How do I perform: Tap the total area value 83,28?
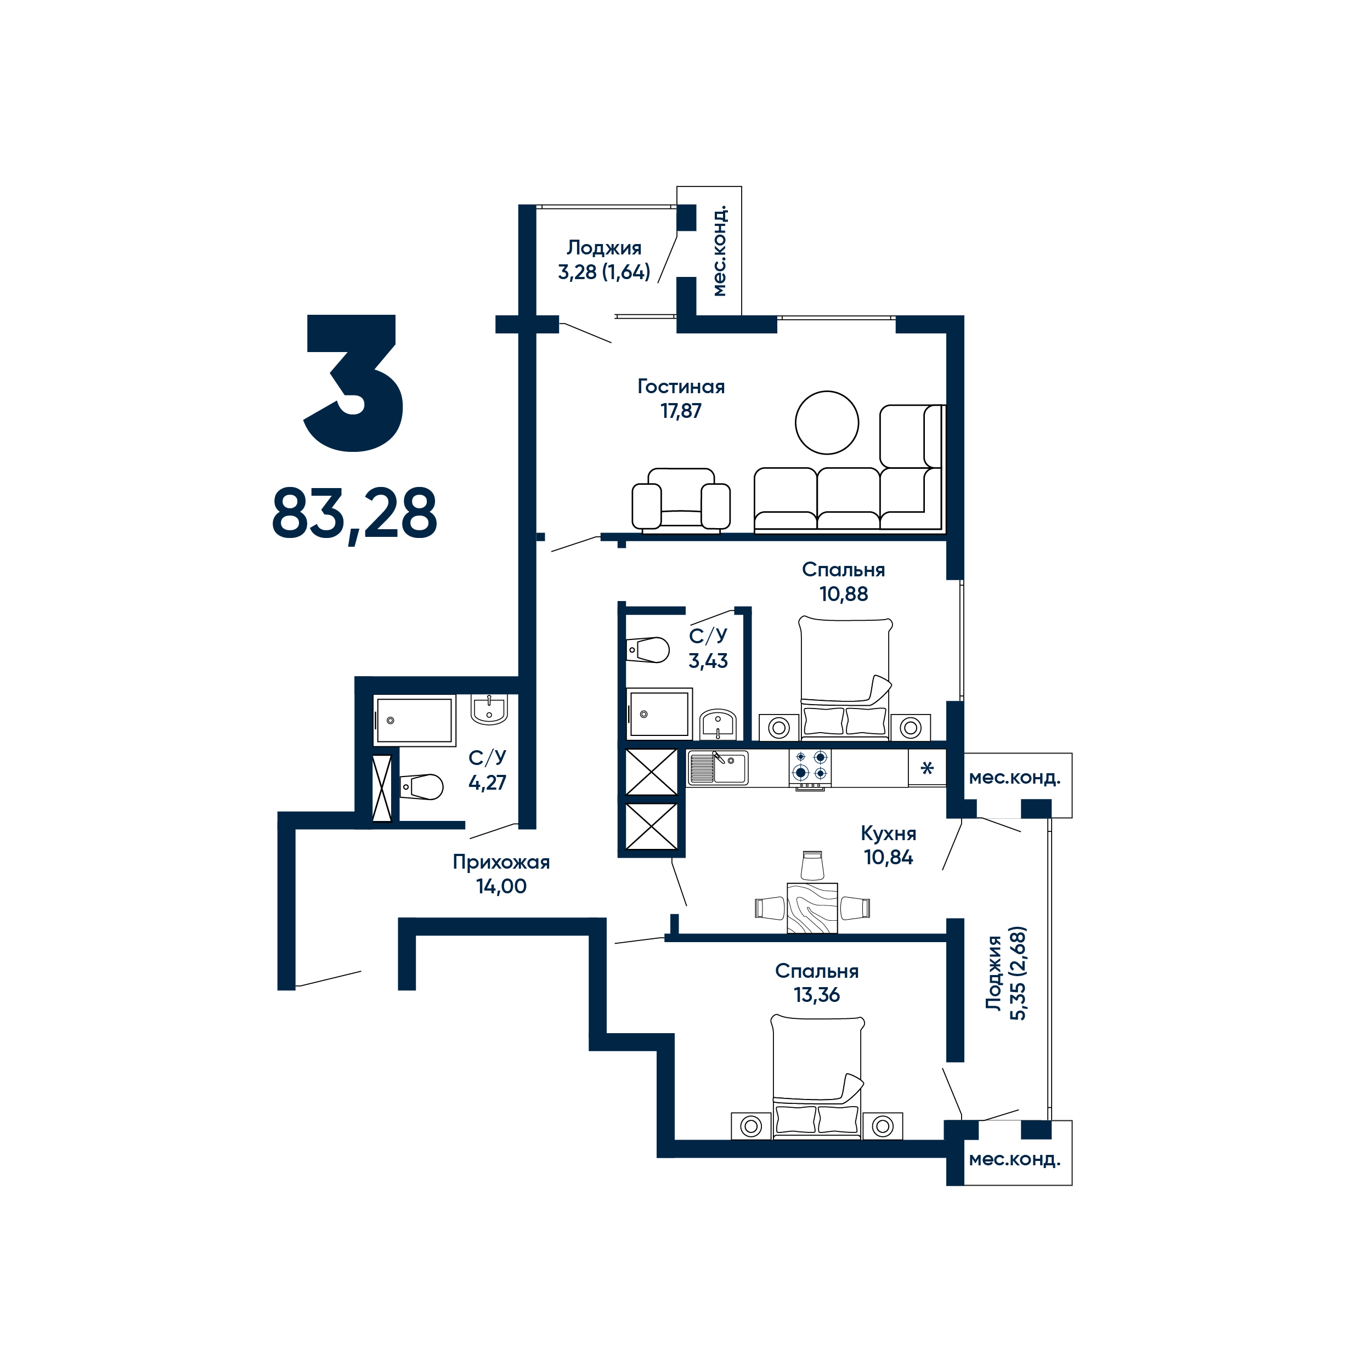pyautogui.click(x=354, y=514)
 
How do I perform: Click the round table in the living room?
pyautogui.click(x=827, y=422)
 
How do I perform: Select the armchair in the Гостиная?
pyautogui.click(x=681, y=499)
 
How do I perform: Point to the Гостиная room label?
pyautogui.click(x=681, y=387)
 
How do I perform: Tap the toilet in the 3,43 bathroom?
pyautogui.click(x=647, y=650)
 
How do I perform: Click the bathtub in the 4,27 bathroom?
pyautogui.click(x=414, y=720)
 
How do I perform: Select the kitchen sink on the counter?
pyautogui.click(x=718, y=767)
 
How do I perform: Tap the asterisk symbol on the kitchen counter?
pyautogui.click(x=927, y=768)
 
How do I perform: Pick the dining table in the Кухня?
pyautogui.click(x=812, y=908)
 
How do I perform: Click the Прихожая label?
pyautogui.click(x=501, y=862)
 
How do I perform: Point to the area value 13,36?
pyautogui.click(x=817, y=995)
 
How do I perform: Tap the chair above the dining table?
pyautogui.click(x=812, y=865)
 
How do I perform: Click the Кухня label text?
pyautogui.click(x=888, y=834)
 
